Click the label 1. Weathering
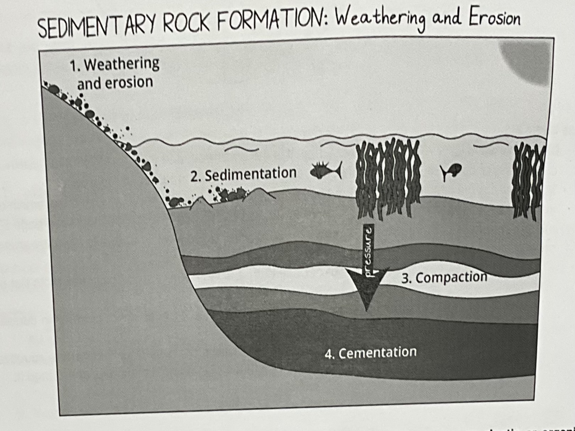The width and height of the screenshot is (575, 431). tap(114, 64)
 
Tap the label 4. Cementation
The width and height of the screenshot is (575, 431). tap(370, 353)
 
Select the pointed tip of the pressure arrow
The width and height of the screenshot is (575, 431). tap(367, 311)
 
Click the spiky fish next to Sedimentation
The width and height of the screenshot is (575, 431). tap(326, 170)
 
